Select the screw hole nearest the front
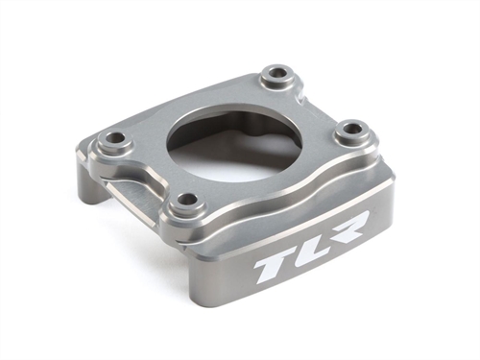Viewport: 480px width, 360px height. click(x=188, y=200)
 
